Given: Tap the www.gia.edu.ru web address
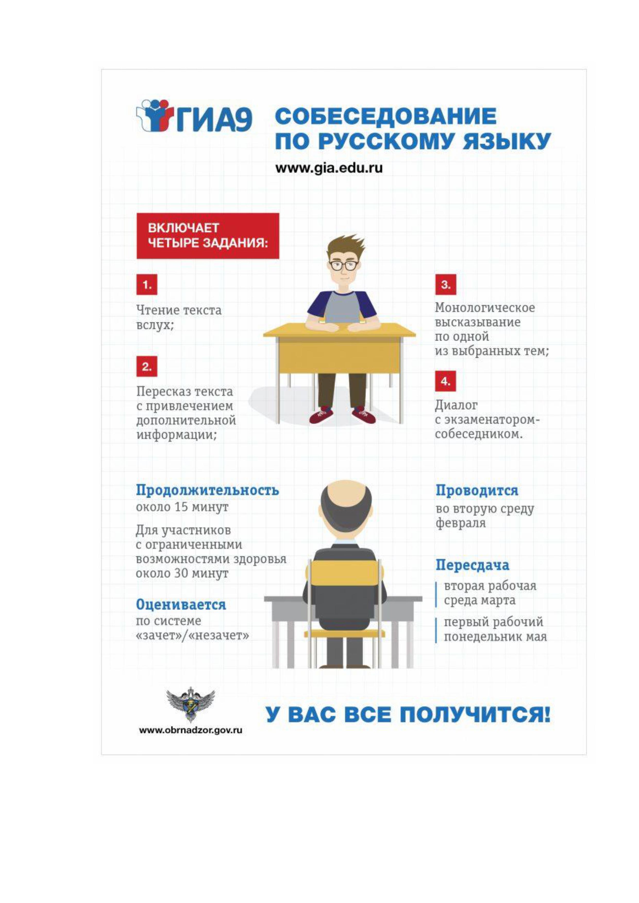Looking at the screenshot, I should point(329,168).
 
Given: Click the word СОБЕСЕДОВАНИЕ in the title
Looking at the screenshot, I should point(385,117).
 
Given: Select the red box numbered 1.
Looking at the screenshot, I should point(146,284).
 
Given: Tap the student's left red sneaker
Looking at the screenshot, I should point(321,415).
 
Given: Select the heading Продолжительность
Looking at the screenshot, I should point(207,490).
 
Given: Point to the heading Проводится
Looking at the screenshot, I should point(477,490).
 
